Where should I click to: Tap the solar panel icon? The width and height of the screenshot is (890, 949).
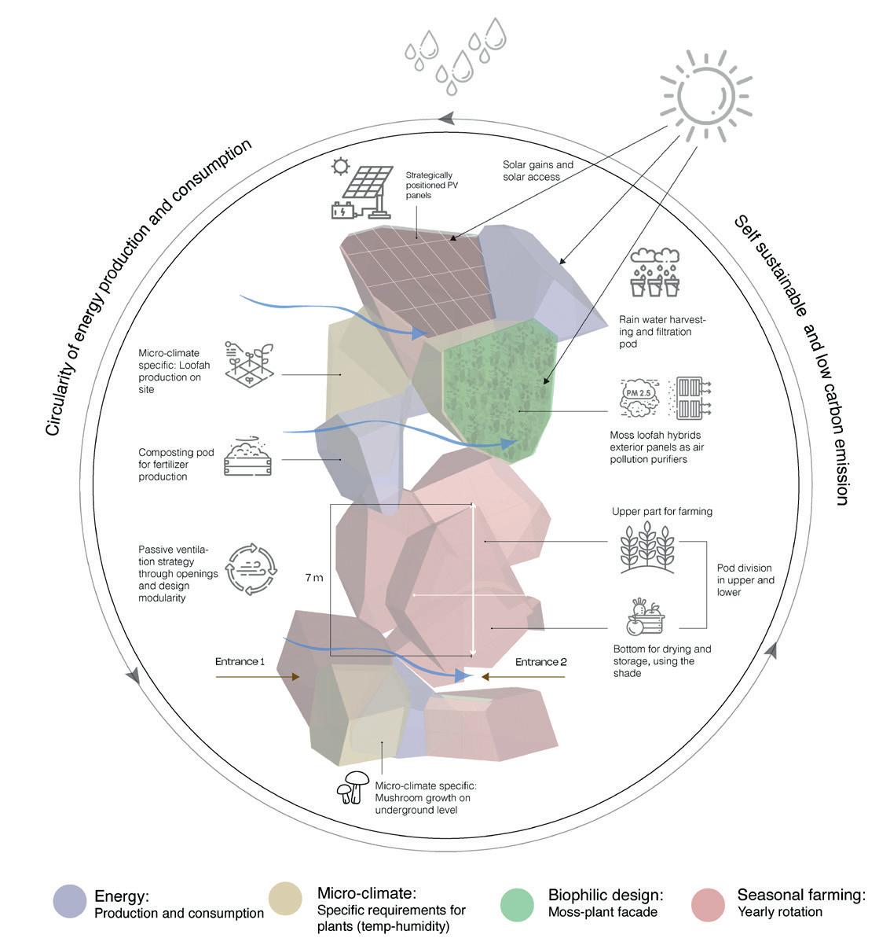(362, 189)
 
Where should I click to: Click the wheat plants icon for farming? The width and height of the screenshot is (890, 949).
(646, 544)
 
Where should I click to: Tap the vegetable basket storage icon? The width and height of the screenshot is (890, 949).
(645, 616)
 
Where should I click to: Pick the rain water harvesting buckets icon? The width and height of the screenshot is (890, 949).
(655, 273)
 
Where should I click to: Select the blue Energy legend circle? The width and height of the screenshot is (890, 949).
(70, 902)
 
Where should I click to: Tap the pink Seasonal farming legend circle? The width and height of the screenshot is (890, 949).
(709, 903)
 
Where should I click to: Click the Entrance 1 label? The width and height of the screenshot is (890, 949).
(240, 662)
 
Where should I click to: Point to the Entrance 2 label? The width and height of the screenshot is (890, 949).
(540, 662)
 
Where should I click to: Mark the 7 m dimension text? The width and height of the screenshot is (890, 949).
(313, 577)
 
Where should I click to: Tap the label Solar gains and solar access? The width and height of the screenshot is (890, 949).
(538, 171)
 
